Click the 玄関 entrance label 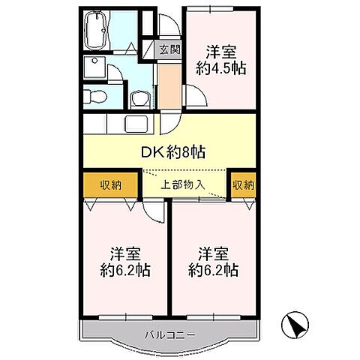170,51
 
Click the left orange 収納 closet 110,184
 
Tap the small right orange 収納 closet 243,184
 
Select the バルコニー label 169,334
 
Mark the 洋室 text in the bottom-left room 125,253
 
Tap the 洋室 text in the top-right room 222,52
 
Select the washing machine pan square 95,65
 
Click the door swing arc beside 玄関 167,26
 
